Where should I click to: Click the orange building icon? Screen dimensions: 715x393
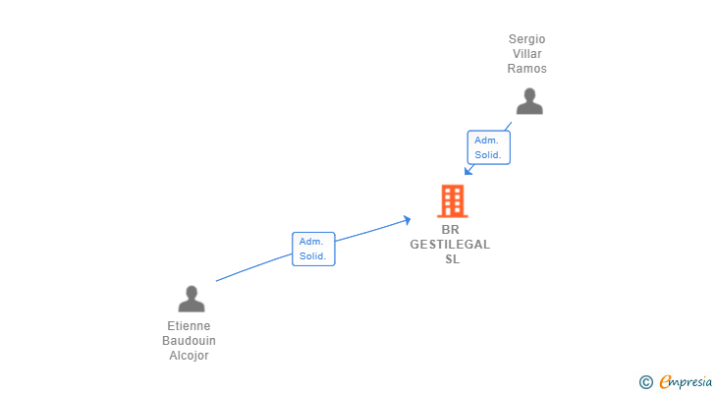click(x=452, y=200)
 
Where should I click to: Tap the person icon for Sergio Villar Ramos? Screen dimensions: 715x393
click(x=529, y=101)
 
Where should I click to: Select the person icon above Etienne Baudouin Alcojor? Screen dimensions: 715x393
click(x=192, y=298)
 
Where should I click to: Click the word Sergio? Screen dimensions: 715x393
click(x=526, y=39)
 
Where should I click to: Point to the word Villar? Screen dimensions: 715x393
click(x=526, y=54)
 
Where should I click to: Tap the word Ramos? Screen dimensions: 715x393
click(x=526, y=69)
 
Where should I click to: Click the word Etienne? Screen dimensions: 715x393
click(x=189, y=326)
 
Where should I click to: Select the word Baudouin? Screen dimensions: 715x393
click(x=189, y=341)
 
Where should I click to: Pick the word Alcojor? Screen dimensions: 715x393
click(x=189, y=356)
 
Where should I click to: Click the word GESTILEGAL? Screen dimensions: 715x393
click(x=451, y=245)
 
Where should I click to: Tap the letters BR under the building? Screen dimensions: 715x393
click(x=451, y=230)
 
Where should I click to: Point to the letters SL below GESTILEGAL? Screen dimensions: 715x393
click(x=452, y=259)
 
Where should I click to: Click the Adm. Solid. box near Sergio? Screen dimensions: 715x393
click(x=488, y=147)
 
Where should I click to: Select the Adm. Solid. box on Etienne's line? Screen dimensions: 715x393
click(x=313, y=249)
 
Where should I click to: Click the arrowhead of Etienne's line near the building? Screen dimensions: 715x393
click(x=408, y=220)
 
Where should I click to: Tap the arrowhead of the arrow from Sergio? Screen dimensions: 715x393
click(x=468, y=171)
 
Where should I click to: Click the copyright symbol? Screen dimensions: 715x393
click(x=645, y=381)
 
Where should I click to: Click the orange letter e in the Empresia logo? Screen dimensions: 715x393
click(x=665, y=381)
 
